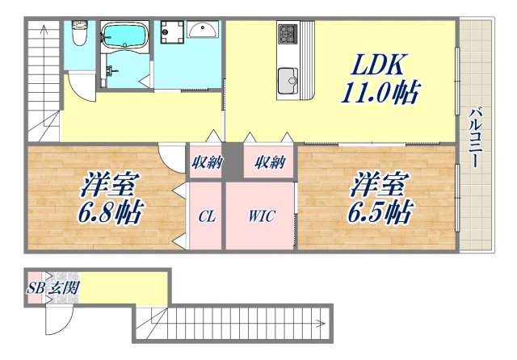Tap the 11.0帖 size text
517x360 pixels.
pyautogui.click(x=378, y=93)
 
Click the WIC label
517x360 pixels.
pyautogui.click(x=260, y=217)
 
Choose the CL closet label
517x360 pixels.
pyautogui.click(x=206, y=217)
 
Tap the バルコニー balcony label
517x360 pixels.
pyautogui.click(x=477, y=137)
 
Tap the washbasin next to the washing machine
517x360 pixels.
pyautogui.click(x=204, y=31)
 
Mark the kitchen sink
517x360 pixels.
pyautogui.click(x=288, y=81)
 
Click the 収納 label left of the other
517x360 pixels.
pyautogui.click(x=207, y=162)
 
